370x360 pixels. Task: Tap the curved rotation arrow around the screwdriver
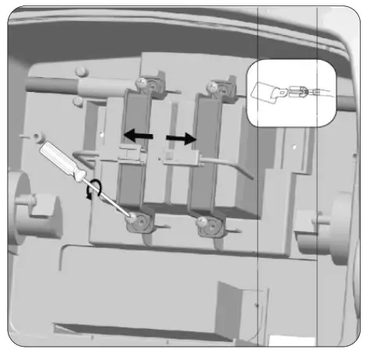click(97, 189)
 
